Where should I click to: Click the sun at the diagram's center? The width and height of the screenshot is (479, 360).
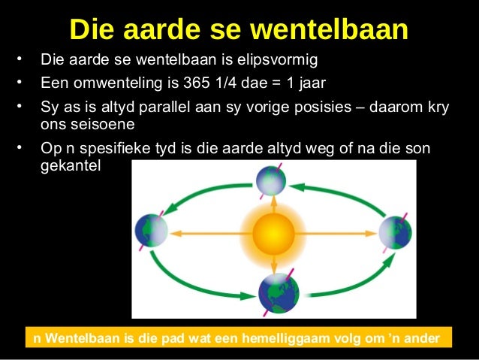[273, 234]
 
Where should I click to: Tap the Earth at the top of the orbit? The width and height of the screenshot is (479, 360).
[272, 180]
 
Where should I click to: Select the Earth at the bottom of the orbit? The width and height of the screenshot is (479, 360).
[277, 293]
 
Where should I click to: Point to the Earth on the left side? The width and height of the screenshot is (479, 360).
[151, 231]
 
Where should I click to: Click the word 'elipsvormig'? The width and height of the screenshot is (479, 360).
[282, 59]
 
